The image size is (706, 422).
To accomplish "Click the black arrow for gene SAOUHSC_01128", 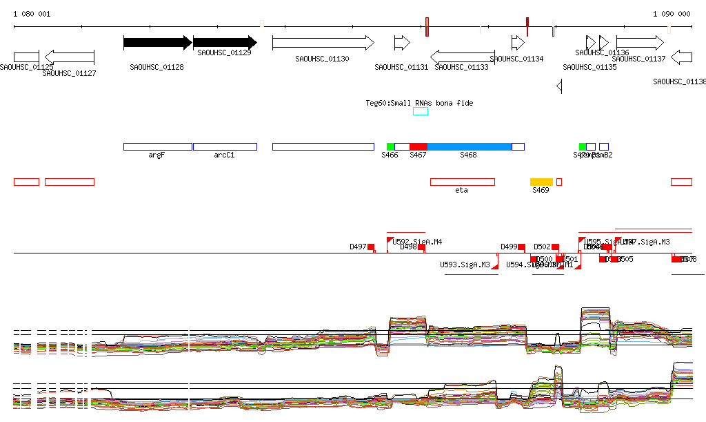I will [x=157, y=43].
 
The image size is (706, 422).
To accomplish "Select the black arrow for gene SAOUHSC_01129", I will [x=225, y=43].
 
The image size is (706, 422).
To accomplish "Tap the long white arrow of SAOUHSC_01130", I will [x=323, y=43].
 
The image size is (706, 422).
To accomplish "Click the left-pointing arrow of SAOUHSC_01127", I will [x=69, y=57].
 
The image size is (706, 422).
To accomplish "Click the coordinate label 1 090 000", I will [x=672, y=14].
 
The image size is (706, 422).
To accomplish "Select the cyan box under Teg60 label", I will [x=421, y=111].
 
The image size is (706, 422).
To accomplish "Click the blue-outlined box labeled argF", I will [x=157, y=146].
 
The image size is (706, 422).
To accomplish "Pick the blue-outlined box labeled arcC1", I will [x=225, y=146].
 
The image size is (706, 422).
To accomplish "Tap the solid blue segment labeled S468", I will [x=470, y=146].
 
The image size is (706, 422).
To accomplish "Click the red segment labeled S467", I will [x=418, y=146].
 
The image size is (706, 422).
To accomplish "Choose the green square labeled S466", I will [x=390, y=146].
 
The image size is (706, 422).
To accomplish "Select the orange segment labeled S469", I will [x=541, y=182].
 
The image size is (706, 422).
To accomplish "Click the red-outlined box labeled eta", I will [x=462, y=182].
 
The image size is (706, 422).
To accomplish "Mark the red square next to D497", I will [x=371, y=247].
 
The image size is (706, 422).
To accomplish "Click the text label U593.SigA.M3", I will [x=465, y=265].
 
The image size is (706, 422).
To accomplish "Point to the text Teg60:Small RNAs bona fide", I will [x=419, y=103].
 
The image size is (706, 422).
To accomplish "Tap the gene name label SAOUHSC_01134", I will [x=516, y=59].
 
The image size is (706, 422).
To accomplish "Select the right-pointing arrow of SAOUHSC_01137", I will [x=639, y=43].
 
